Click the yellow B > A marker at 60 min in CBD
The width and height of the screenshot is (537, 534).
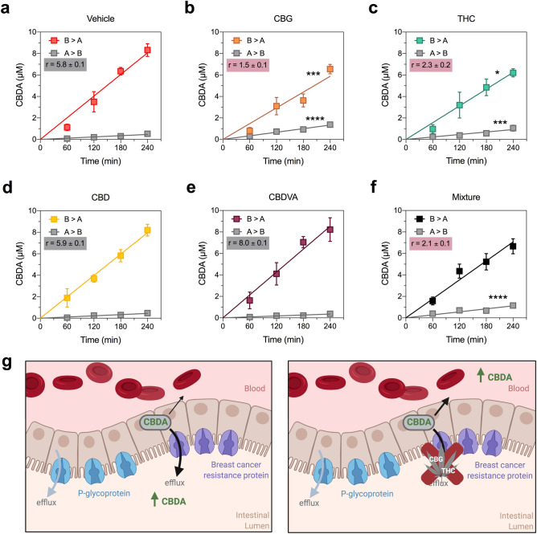tap(67, 298)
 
